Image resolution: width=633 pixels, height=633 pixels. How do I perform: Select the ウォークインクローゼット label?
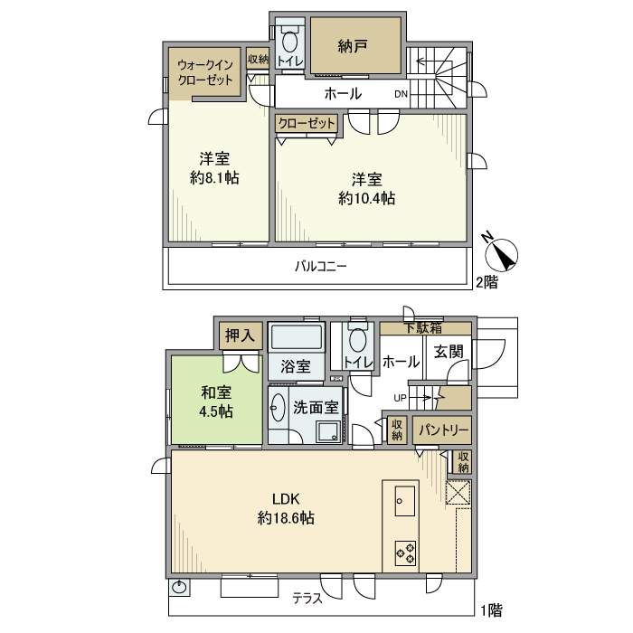click(204, 72)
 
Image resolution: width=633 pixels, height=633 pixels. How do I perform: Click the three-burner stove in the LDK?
click(404, 552)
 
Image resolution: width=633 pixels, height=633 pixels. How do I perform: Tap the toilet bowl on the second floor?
click(290, 43)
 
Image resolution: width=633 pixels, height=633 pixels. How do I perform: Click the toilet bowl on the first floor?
click(358, 341)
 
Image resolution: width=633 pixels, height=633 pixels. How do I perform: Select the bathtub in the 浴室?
click(296, 338)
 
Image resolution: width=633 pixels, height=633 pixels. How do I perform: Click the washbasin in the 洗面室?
click(277, 408)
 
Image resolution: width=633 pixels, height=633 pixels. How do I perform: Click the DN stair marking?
click(401, 94)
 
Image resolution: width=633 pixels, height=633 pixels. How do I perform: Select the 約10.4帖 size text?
click(366, 197)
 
